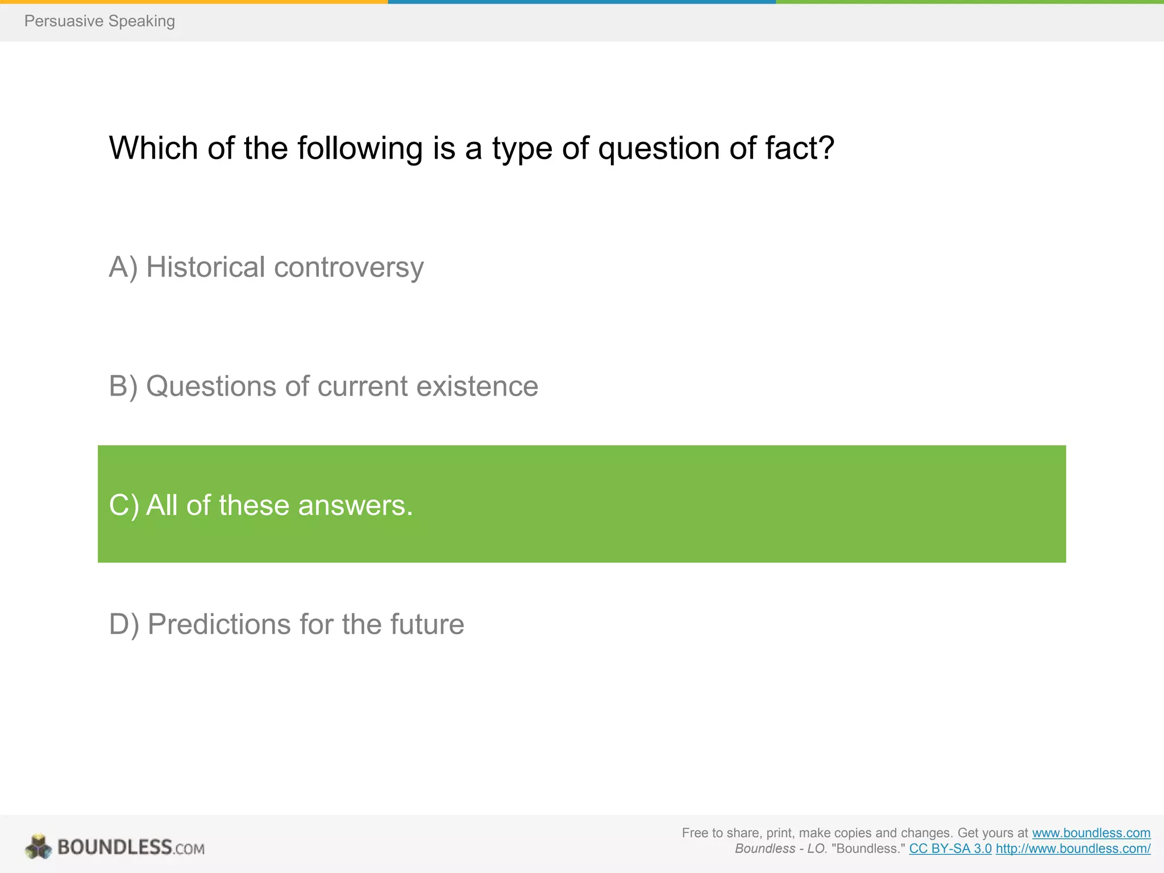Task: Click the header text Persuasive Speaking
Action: (99, 21)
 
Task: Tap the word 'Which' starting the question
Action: (153, 148)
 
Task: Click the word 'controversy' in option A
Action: (348, 267)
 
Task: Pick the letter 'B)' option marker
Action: (123, 386)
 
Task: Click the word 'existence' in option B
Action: (477, 386)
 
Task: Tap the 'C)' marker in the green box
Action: (123, 505)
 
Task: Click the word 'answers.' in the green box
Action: (355, 505)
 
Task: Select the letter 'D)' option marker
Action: (124, 624)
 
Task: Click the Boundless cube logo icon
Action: (39, 847)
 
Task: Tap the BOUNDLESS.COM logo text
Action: (131, 847)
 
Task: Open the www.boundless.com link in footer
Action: (1091, 833)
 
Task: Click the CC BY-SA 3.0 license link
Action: (950, 849)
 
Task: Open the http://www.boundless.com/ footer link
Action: (1072, 849)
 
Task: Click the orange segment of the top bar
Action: (193, 2)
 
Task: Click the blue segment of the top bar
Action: (581, 2)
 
